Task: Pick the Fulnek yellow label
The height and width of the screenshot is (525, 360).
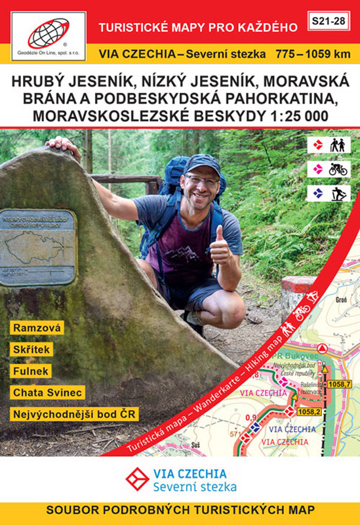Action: (x=30, y=371)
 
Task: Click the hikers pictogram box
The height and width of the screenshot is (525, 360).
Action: (x=329, y=144)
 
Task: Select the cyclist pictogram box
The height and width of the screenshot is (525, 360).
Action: (x=329, y=169)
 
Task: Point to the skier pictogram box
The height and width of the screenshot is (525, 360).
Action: (x=329, y=194)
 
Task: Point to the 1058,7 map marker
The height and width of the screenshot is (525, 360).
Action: (x=340, y=384)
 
